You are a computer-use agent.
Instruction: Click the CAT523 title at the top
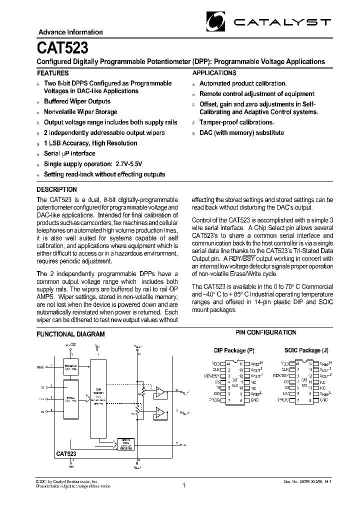point(63,48)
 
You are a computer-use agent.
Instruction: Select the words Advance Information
point(70,32)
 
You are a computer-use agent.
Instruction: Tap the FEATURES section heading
point(53,73)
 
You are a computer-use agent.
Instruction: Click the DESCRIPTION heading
point(57,189)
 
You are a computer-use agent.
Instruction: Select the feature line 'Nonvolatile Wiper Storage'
point(80,112)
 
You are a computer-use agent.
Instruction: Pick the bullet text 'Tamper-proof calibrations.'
point(236,122)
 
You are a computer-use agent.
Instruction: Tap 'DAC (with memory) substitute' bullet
point(241,133)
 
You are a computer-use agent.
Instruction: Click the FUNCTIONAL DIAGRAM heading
point(71,334)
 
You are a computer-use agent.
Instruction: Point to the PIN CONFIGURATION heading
point(265,332)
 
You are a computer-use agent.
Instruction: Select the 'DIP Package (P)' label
point(234,350)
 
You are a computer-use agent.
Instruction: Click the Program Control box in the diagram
point(71,366)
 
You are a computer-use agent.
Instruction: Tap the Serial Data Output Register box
point(125,444)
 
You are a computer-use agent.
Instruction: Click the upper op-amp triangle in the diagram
point(160,391)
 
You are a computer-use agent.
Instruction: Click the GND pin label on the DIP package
point(254,400)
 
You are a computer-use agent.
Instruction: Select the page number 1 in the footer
point(183,485)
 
